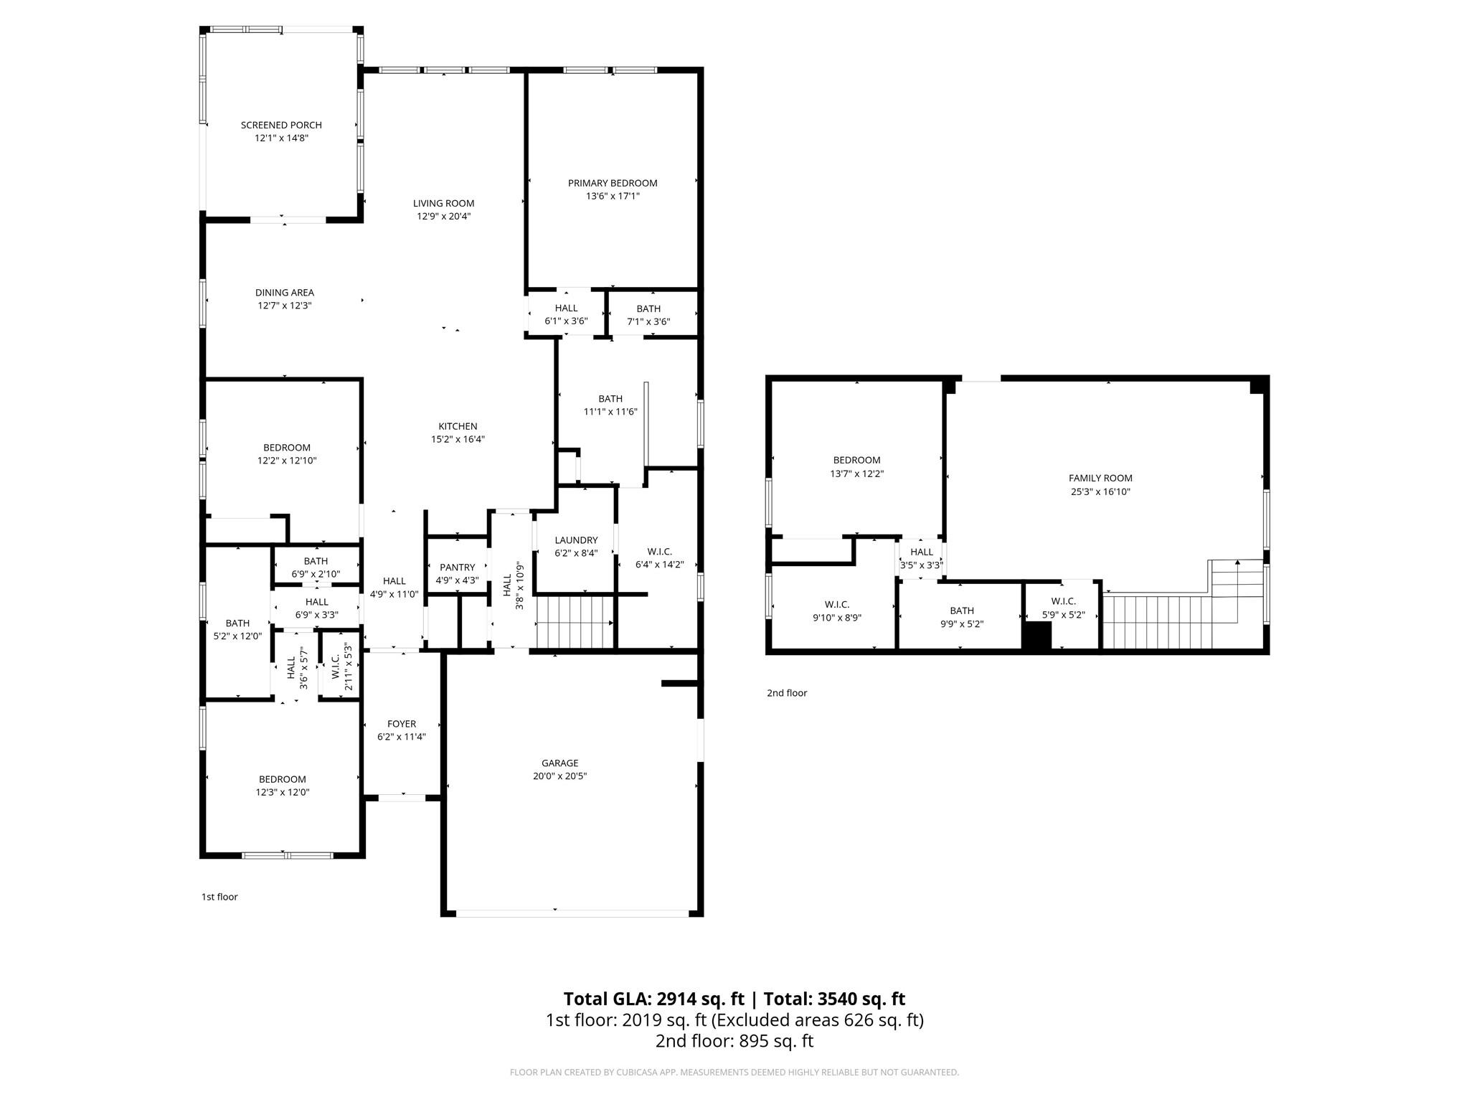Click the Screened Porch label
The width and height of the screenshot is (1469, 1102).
[281, 126]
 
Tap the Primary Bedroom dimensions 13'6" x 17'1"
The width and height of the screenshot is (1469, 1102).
[613, 196]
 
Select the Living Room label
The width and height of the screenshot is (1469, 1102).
[443, 203]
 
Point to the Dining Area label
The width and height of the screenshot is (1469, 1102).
[285, 293]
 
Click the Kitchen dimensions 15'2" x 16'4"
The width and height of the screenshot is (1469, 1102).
[458, 439]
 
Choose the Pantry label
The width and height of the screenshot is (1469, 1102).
[457, 568]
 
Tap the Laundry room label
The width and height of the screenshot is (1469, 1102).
[576, 540]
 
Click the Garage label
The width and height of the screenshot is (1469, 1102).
[559, 763]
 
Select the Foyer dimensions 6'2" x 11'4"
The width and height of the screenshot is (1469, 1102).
[402, 737]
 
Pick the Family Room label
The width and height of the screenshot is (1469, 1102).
[1100, 479]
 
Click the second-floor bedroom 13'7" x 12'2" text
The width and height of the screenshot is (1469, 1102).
[856, 474]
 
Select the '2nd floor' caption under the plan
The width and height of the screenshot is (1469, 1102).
[787, 693]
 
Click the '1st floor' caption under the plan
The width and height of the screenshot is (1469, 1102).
[219, 897]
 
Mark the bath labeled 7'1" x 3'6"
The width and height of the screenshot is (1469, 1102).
[648, 315]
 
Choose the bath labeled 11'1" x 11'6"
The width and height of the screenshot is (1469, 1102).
[610, 405]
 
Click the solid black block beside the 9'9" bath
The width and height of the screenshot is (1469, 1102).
[1036, 636]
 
